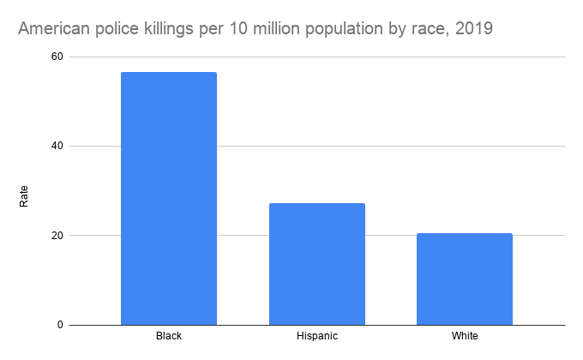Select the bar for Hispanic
(316, 264)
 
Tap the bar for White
(464, 279)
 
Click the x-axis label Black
(169, 336)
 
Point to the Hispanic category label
(316, 336)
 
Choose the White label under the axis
(464, 336)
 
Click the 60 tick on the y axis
(57, 57)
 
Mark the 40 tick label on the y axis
(57, 146)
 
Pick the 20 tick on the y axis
(57, 236)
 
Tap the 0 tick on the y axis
(60, 325)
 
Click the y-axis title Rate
(24, 196)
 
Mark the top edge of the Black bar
(169, 73)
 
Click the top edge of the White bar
(464, 233)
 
